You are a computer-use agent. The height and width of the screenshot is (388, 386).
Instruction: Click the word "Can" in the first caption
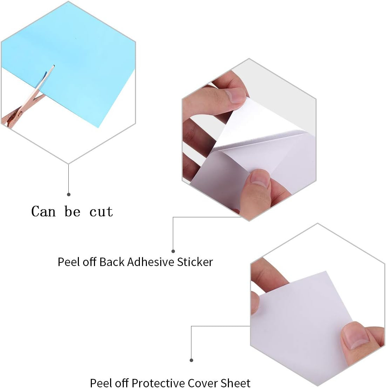[x=43, y=211]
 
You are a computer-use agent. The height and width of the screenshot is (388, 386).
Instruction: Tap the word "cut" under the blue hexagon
[x=101, y=212]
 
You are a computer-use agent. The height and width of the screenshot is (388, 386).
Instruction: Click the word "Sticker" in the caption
[x=195, y=262]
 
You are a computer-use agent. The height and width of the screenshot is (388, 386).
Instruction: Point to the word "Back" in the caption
[x=112, y=262]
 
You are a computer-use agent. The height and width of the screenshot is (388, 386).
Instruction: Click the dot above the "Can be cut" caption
[x=69, y=194]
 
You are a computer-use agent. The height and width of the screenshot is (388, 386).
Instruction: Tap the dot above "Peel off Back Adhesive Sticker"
[x=173, y=251]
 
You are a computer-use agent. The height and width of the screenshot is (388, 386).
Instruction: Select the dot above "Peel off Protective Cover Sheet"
[x=191, y=360]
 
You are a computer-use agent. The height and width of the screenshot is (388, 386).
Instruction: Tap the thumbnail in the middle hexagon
[x=260, y=178]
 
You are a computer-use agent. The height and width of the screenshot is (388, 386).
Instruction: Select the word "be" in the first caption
[x=72, y=211]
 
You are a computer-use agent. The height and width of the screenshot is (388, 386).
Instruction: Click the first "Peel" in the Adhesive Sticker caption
[x=68, y=262]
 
